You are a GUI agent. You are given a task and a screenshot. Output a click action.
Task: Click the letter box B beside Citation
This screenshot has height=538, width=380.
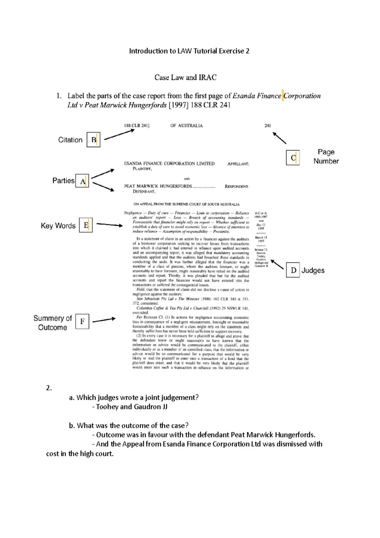click(93, 140)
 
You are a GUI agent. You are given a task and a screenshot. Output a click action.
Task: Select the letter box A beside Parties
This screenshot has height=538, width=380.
click(82, 181)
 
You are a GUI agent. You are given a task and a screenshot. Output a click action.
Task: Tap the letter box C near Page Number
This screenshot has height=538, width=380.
click(293, 157)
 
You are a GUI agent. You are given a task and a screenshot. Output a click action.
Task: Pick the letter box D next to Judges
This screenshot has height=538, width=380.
click(293, 270)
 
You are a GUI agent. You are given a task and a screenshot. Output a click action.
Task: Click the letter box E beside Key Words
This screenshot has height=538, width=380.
click(86, 225)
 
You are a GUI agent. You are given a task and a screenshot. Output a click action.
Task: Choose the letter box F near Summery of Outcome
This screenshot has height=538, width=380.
click(82, 322)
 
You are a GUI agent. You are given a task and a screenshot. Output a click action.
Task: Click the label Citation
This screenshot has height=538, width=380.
click(70, 140)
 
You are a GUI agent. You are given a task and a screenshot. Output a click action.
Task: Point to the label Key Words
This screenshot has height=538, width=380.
click(58, 226)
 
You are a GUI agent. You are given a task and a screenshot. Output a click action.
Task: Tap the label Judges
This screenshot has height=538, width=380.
click(313, 270)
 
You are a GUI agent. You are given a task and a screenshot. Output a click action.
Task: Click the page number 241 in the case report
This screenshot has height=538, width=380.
click(268, 125)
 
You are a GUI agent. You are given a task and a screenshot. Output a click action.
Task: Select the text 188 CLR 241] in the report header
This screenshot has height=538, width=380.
click(136, 125)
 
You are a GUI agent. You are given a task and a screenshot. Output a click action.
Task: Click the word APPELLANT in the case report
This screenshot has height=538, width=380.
click(238, 164)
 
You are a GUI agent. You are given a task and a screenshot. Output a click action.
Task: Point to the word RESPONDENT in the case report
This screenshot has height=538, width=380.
click(237, 186)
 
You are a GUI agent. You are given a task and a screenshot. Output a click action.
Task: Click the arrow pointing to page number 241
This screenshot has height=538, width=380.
click(279, 138)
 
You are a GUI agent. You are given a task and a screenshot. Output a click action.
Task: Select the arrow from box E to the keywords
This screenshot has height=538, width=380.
click(109, 225)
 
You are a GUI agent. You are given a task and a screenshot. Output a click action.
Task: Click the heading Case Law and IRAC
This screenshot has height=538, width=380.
click(185, 77)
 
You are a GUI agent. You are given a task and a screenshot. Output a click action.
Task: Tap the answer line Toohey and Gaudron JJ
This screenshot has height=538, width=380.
click(131, 407)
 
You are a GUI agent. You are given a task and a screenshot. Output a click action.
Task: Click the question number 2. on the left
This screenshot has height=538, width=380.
click(49, 388)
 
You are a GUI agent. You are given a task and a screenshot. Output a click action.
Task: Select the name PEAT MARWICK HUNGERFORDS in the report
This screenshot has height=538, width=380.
click(158, 186)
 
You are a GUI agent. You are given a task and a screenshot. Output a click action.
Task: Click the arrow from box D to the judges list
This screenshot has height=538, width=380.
click(277, 264)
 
